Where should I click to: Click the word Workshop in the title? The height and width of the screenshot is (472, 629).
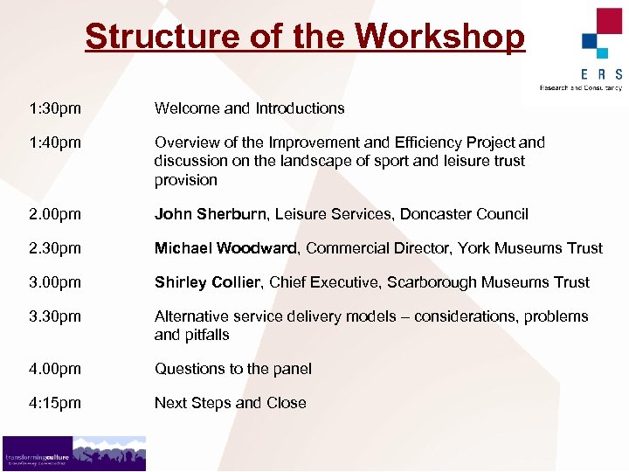coord(440,37)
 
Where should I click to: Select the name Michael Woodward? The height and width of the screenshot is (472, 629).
coord(226,248)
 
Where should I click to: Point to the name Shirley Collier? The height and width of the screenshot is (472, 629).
coord(208,282)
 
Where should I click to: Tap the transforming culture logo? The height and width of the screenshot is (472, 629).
coord(73,454)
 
